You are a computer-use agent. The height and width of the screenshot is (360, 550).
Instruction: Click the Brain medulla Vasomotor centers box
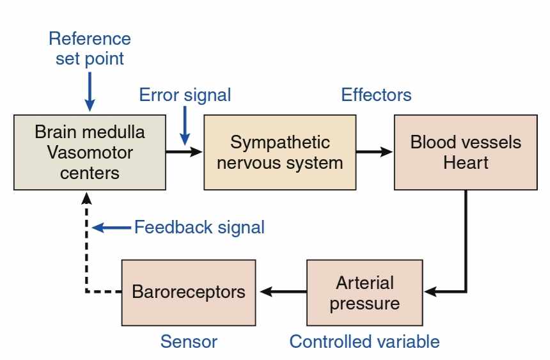(x=90, y=152)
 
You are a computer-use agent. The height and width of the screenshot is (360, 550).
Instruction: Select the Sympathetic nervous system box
(x=280, y=152)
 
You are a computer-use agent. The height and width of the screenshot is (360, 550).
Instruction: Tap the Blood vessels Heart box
(x=466, y=152)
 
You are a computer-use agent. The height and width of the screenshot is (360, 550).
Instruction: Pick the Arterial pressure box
(x=365, y=293)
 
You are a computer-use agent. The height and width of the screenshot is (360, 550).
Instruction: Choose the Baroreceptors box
(x=189, y=293)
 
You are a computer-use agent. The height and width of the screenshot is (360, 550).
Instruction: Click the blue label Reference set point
(x=90, y=49)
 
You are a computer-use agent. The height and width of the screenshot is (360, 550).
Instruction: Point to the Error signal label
(x=185, y=95)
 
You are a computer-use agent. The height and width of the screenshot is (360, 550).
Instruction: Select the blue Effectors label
(x=377, y=95)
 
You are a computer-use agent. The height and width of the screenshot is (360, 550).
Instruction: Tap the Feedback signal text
(x=200, y=228)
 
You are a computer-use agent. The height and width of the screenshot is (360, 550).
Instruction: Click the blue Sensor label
(x=189, y=341)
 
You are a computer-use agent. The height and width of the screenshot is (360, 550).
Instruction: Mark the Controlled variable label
(x=365, y=341)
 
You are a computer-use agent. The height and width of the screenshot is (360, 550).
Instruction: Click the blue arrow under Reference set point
(x=90, y=91)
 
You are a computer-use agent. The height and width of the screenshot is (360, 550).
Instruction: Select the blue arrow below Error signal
(x=185, y=125)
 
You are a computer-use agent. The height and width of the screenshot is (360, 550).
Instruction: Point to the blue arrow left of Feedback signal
(x=111, y=228)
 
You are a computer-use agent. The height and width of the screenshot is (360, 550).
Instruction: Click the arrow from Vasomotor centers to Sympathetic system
(x=184, y=152)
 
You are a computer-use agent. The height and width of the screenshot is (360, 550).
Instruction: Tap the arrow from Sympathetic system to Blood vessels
(x=375, y=152)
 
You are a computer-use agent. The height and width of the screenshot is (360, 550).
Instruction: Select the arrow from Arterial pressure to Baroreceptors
(x=283, y=291)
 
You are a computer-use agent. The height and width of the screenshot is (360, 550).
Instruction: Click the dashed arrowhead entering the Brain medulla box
(x=86, y=198)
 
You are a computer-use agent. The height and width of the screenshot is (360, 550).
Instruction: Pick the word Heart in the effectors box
(x=466, y=162)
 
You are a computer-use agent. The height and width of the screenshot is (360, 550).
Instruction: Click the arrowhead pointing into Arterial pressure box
(x=430, y=291)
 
